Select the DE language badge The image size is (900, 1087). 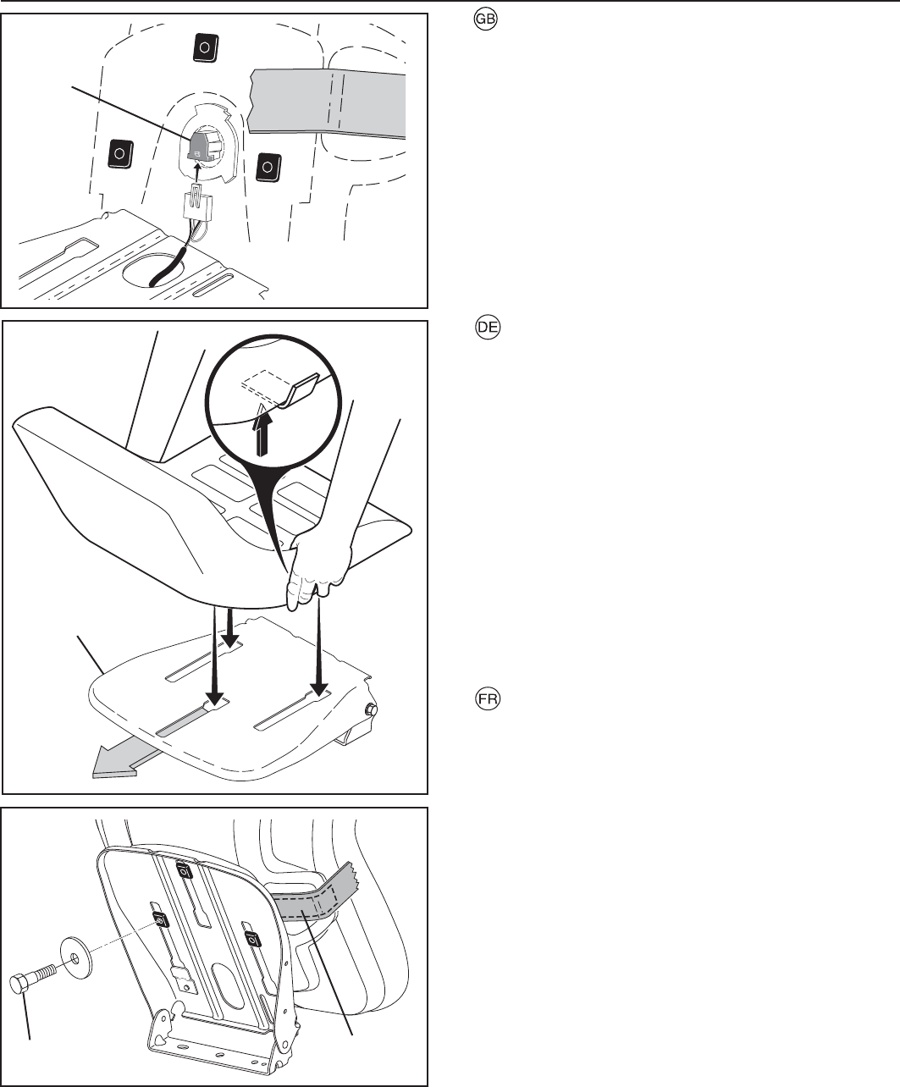point(487,329)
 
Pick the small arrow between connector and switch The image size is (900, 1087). point(197,173)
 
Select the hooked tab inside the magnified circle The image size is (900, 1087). point(301,390)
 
